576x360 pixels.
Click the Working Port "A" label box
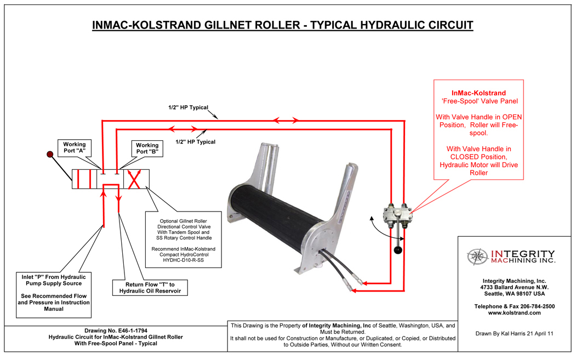coord(78,147)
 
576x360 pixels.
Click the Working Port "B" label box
coord(147,148)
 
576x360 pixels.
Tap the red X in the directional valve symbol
coord(134,179)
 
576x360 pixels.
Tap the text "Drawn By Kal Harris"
coord(495,333)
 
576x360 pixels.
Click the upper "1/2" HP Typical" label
coord(188,107)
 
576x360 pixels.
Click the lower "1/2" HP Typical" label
coord(195,142)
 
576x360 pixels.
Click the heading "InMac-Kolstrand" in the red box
coord(478,93)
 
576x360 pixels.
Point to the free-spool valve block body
coord(397,214)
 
